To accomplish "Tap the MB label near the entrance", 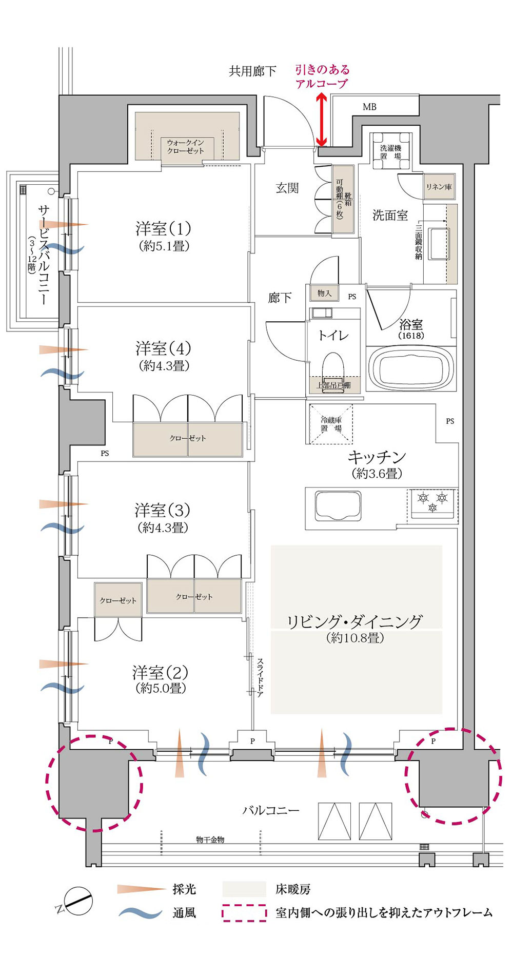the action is click(369, 107).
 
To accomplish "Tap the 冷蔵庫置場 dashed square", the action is click(331, 424).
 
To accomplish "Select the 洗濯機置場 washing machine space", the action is click(391, 151).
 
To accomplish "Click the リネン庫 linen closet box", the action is click(439, 187).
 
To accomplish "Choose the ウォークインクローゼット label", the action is click(185, 146).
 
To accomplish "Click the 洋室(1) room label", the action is click(163, 228).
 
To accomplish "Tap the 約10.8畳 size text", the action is click(354, 638).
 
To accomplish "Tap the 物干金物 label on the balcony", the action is click(210, 840).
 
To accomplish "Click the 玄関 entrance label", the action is click(287, 188).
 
